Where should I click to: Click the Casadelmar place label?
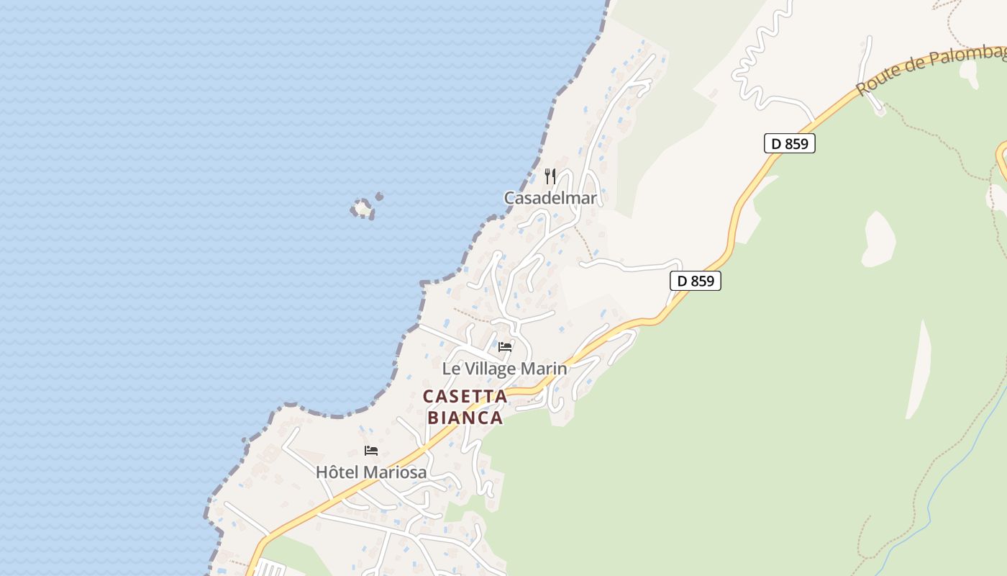coord(550,198)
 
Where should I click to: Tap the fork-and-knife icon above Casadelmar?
coord(550,176)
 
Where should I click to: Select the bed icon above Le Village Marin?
coord(505,346)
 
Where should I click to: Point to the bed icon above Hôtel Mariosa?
coord(371,451)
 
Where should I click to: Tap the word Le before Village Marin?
coord(450,369)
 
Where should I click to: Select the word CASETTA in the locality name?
coord(465,397)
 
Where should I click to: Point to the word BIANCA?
coord(465,418)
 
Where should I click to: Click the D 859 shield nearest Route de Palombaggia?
coord(789,143)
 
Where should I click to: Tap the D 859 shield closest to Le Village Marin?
coord(696,281)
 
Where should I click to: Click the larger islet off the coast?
coord(363,209)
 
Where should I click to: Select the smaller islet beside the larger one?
coord(379,197)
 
